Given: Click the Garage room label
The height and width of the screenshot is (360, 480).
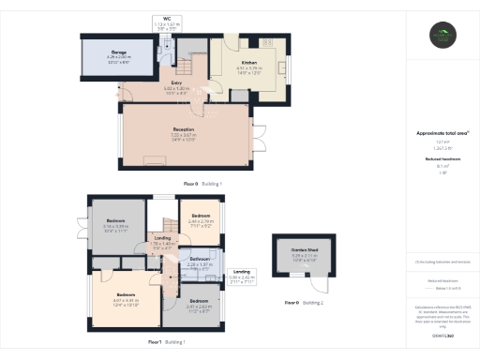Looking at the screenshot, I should pos(119,55).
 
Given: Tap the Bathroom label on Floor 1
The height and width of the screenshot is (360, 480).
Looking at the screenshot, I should pos(198,262).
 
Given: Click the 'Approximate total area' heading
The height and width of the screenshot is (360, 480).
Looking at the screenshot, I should pos(442,133).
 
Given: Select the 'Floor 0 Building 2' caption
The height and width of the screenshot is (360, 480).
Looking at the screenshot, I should pos(305,303).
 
